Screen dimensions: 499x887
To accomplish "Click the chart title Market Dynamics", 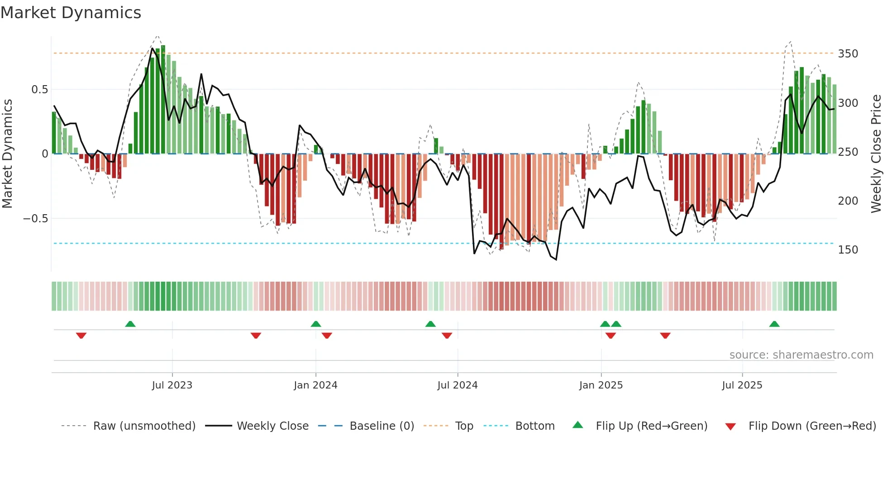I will tap(71, 13).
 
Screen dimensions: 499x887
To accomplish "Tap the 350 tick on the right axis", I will tap(848, 54).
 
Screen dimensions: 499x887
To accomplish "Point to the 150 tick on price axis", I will tap(848, 250).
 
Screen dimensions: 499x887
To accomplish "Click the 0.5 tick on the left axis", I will tap(39, 90).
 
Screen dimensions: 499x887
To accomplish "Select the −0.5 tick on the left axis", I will tap(36, 219).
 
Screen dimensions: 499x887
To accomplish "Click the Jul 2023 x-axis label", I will tap(172, 385).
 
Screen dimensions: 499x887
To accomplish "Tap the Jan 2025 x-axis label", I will tap(601, 385).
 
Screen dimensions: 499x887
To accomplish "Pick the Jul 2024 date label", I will tap(457, 385).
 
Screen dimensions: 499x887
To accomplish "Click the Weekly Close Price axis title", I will tap(876, 154).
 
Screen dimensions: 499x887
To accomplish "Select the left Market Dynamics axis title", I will tap(7, 154).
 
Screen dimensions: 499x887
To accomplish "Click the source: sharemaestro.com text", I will tap(801, 355).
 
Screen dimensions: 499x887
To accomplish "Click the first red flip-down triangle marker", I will tap(81, 336).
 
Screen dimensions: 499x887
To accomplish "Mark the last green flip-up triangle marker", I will tap(774, 324).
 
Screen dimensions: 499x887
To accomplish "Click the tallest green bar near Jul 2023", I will tap(163, 100).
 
